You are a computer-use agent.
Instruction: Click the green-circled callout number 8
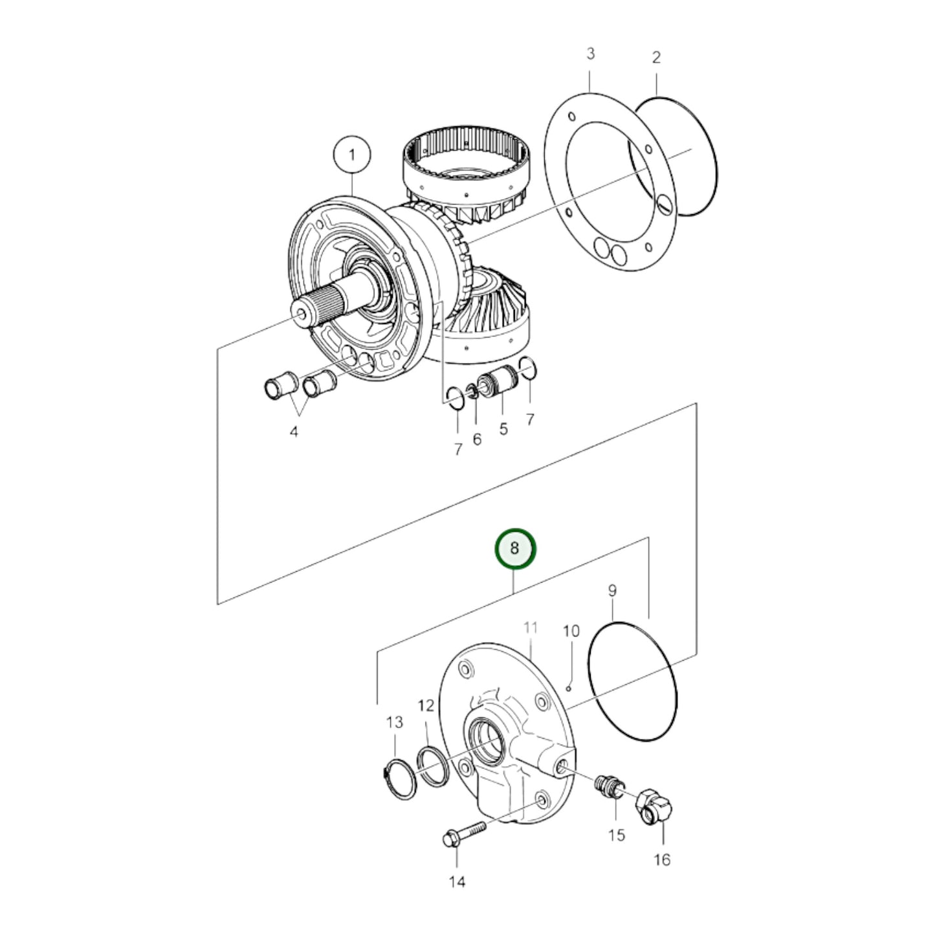[515, 548]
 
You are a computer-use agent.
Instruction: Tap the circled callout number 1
[352, 155]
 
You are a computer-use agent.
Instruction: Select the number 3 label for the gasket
[590, 54]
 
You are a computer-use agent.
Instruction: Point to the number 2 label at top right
[656, 58]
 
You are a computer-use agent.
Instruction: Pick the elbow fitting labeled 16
[655, 806]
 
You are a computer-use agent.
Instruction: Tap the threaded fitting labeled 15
[608, 787]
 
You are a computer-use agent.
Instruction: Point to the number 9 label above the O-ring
[612, 590]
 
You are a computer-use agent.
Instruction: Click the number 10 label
[571, 631]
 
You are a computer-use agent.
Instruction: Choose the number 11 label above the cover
[531, 628]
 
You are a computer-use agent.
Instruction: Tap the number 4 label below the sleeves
[294, 432]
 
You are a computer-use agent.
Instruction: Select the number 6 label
[477, 440]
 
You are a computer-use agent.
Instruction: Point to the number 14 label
[457, 882]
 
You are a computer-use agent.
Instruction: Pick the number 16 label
[662, 860]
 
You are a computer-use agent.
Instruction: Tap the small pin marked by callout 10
[568, 688]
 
